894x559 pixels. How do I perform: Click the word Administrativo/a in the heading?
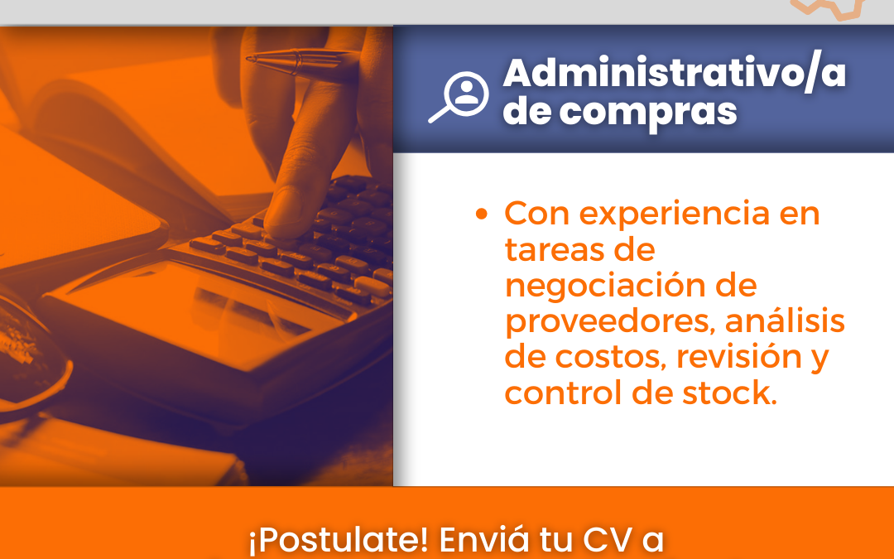coord(675,74)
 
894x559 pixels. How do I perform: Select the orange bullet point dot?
coord(482,214)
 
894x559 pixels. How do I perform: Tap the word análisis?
coord(785,320)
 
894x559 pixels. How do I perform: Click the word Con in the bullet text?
coord(537,214)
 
